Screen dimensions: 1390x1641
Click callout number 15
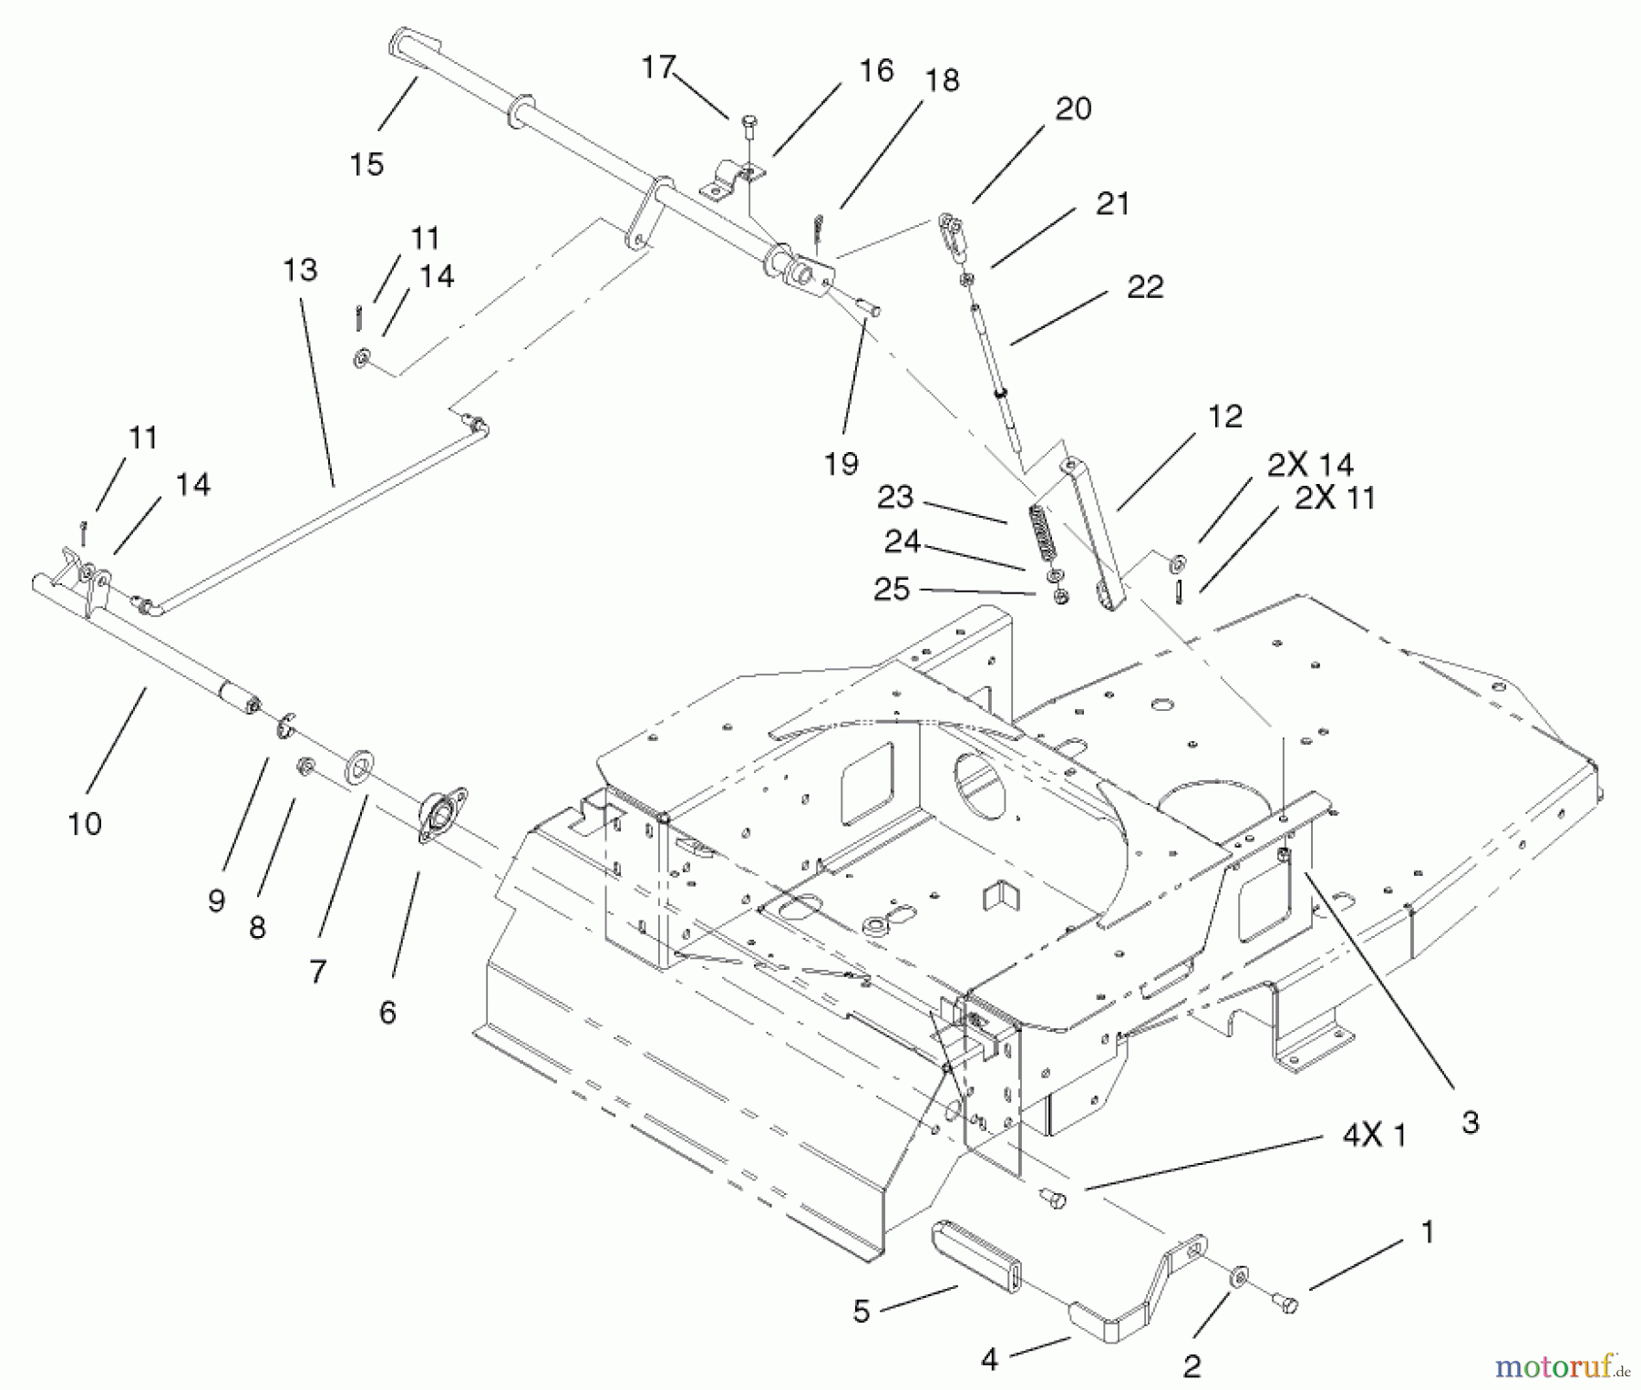tap(366, 164)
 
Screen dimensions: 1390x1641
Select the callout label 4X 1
tap(1374, 1135)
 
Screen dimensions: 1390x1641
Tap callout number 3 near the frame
tap(1470, 1122)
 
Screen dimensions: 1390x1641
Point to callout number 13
tap(300, 270)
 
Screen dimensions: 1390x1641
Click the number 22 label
tap(1145, 286)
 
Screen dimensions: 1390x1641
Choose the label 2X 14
tap(1310, 465)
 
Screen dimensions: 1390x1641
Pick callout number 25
tap(892, 589)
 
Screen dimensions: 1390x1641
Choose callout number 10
tap(85, 824)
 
